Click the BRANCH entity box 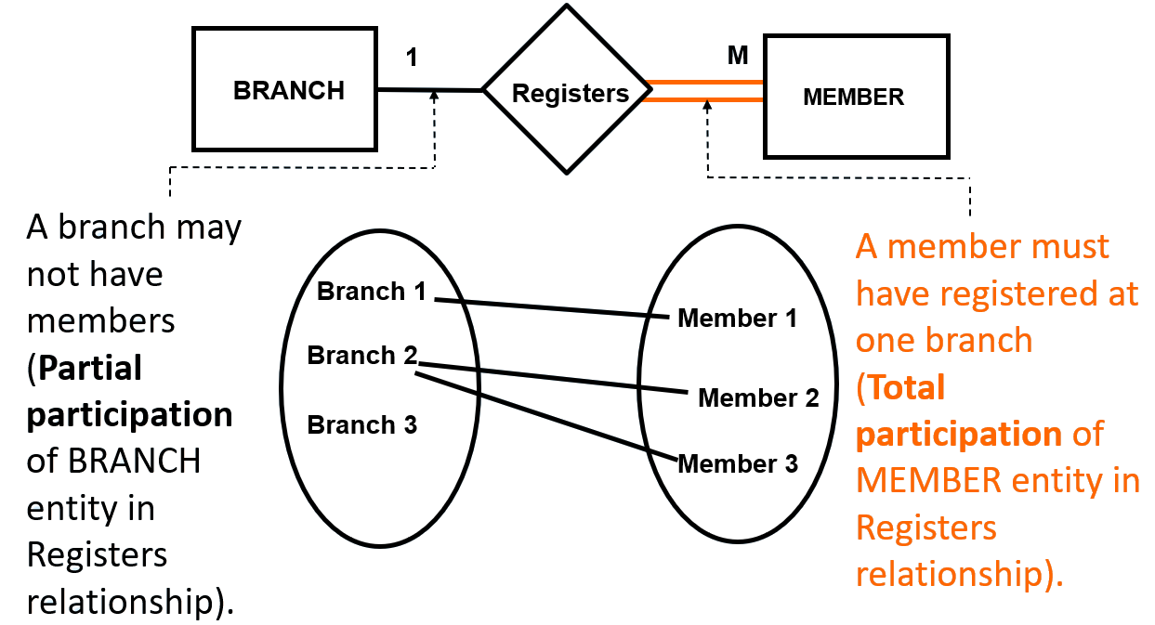click(x=284, y=90)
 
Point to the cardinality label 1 click(x=412, y=58)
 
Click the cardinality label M click(x=738, y=56)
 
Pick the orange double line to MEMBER click(x=706, y=91)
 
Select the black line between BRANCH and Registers click(x=429, y=90)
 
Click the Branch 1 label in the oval click(x=371, y=292)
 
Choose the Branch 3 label click(x=361, y=425)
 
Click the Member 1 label click(x=738, y=319)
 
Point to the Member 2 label click(x=758, y=398)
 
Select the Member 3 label click(x=738, y=463)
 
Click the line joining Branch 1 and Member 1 click(x=553, y=308)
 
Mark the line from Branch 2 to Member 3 click(x=548, y=417)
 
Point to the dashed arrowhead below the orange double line click(x=708, y=107)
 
